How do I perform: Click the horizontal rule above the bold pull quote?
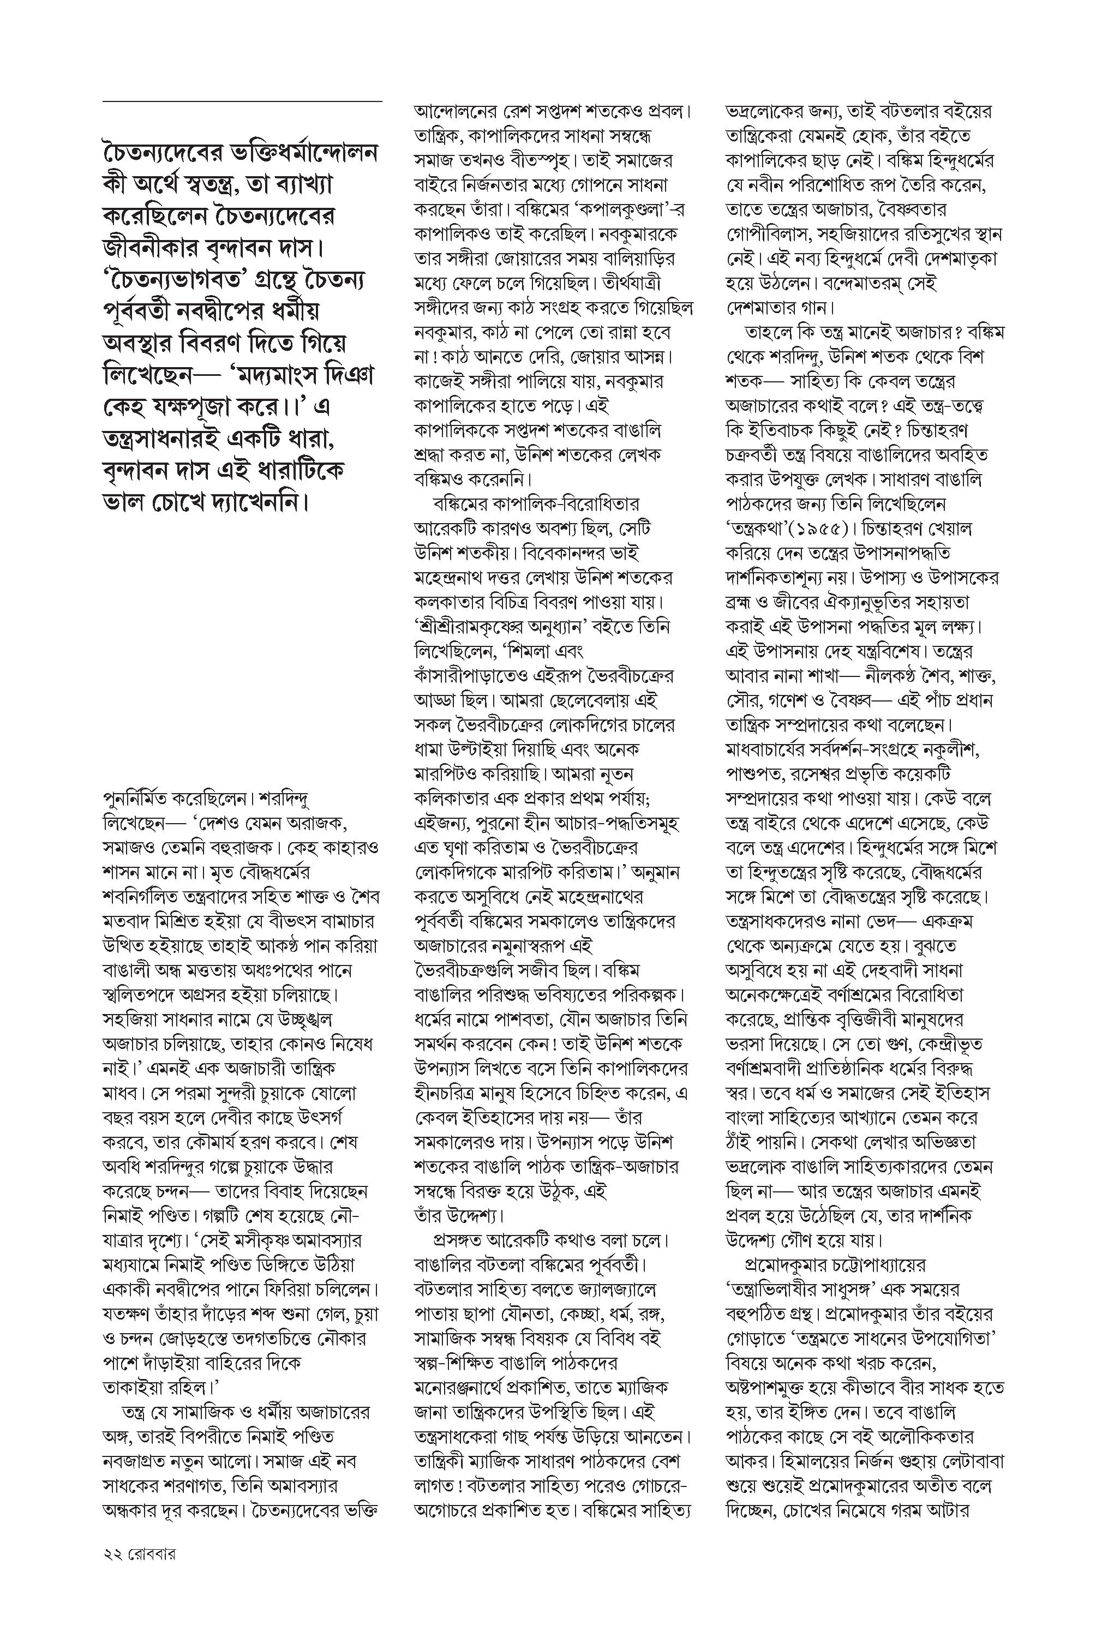coord(242,101)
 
